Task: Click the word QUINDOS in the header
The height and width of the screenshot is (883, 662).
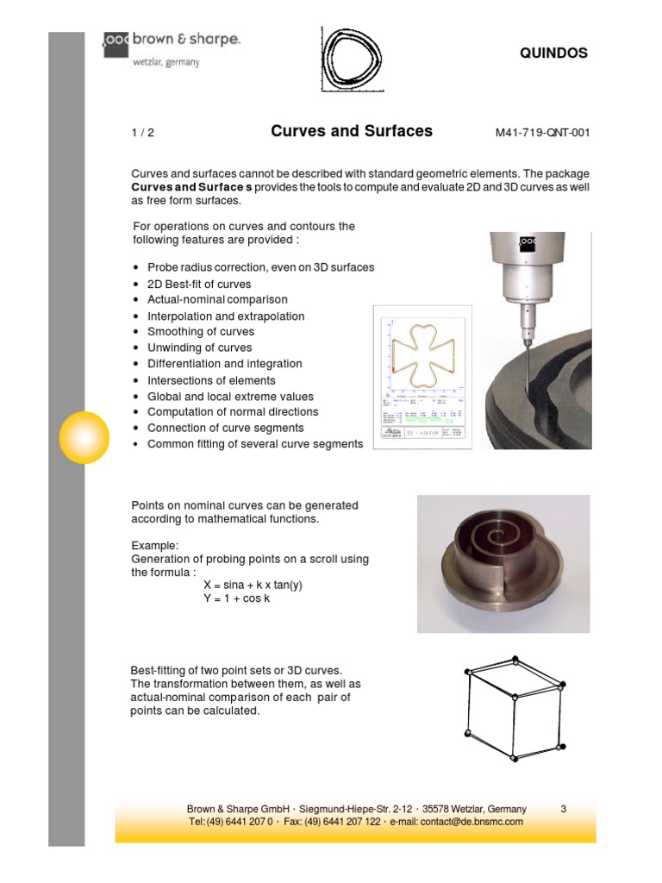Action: click(x=553, y=53)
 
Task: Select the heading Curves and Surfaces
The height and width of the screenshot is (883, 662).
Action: click(x=352, y=131)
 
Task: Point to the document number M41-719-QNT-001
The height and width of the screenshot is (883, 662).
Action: click(x=543, y=133)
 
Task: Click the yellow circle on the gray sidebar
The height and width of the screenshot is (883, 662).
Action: click(x=84, y=437)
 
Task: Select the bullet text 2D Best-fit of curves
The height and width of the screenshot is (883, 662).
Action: click(x=199, y=284)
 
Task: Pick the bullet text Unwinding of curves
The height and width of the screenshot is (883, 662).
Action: click(x=199, y=348)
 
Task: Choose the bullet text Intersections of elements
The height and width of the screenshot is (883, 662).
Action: click(x=211, y=380)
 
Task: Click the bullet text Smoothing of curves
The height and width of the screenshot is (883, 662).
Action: click(x=201, y=332)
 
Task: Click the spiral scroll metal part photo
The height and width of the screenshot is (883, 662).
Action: click(x=503, y=563)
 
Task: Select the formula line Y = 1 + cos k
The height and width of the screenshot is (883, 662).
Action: click(x=236, y=598)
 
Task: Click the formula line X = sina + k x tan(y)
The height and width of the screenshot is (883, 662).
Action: click(x=253, y=585)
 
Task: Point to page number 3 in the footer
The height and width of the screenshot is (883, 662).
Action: click(x=563, y=809)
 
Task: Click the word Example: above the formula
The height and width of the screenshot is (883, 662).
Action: click(x=155, y=547)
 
